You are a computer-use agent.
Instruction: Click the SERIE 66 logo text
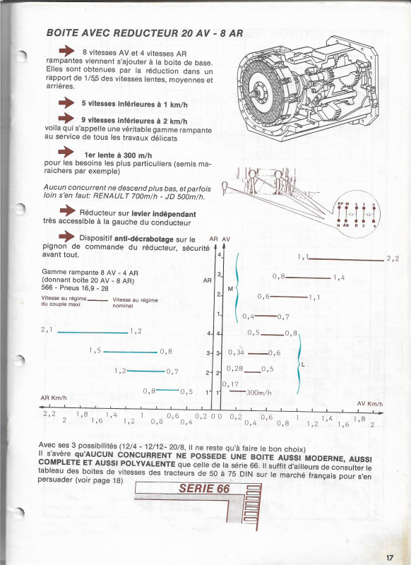[x=205, y=489]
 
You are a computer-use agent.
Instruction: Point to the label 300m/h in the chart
[x=261, y=392]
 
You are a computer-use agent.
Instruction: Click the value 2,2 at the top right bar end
[x=393, y=259]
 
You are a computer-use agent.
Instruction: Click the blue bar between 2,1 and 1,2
[x=93, y=331]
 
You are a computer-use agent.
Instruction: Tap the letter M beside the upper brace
[x=230, y=288]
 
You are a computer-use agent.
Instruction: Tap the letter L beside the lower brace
[x=303, y=364]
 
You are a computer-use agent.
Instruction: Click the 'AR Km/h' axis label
[x=54, y=398]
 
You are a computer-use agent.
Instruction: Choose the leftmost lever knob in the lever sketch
[x=224, y=186]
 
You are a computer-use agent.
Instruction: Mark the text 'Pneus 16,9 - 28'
[x=83, y=288]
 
